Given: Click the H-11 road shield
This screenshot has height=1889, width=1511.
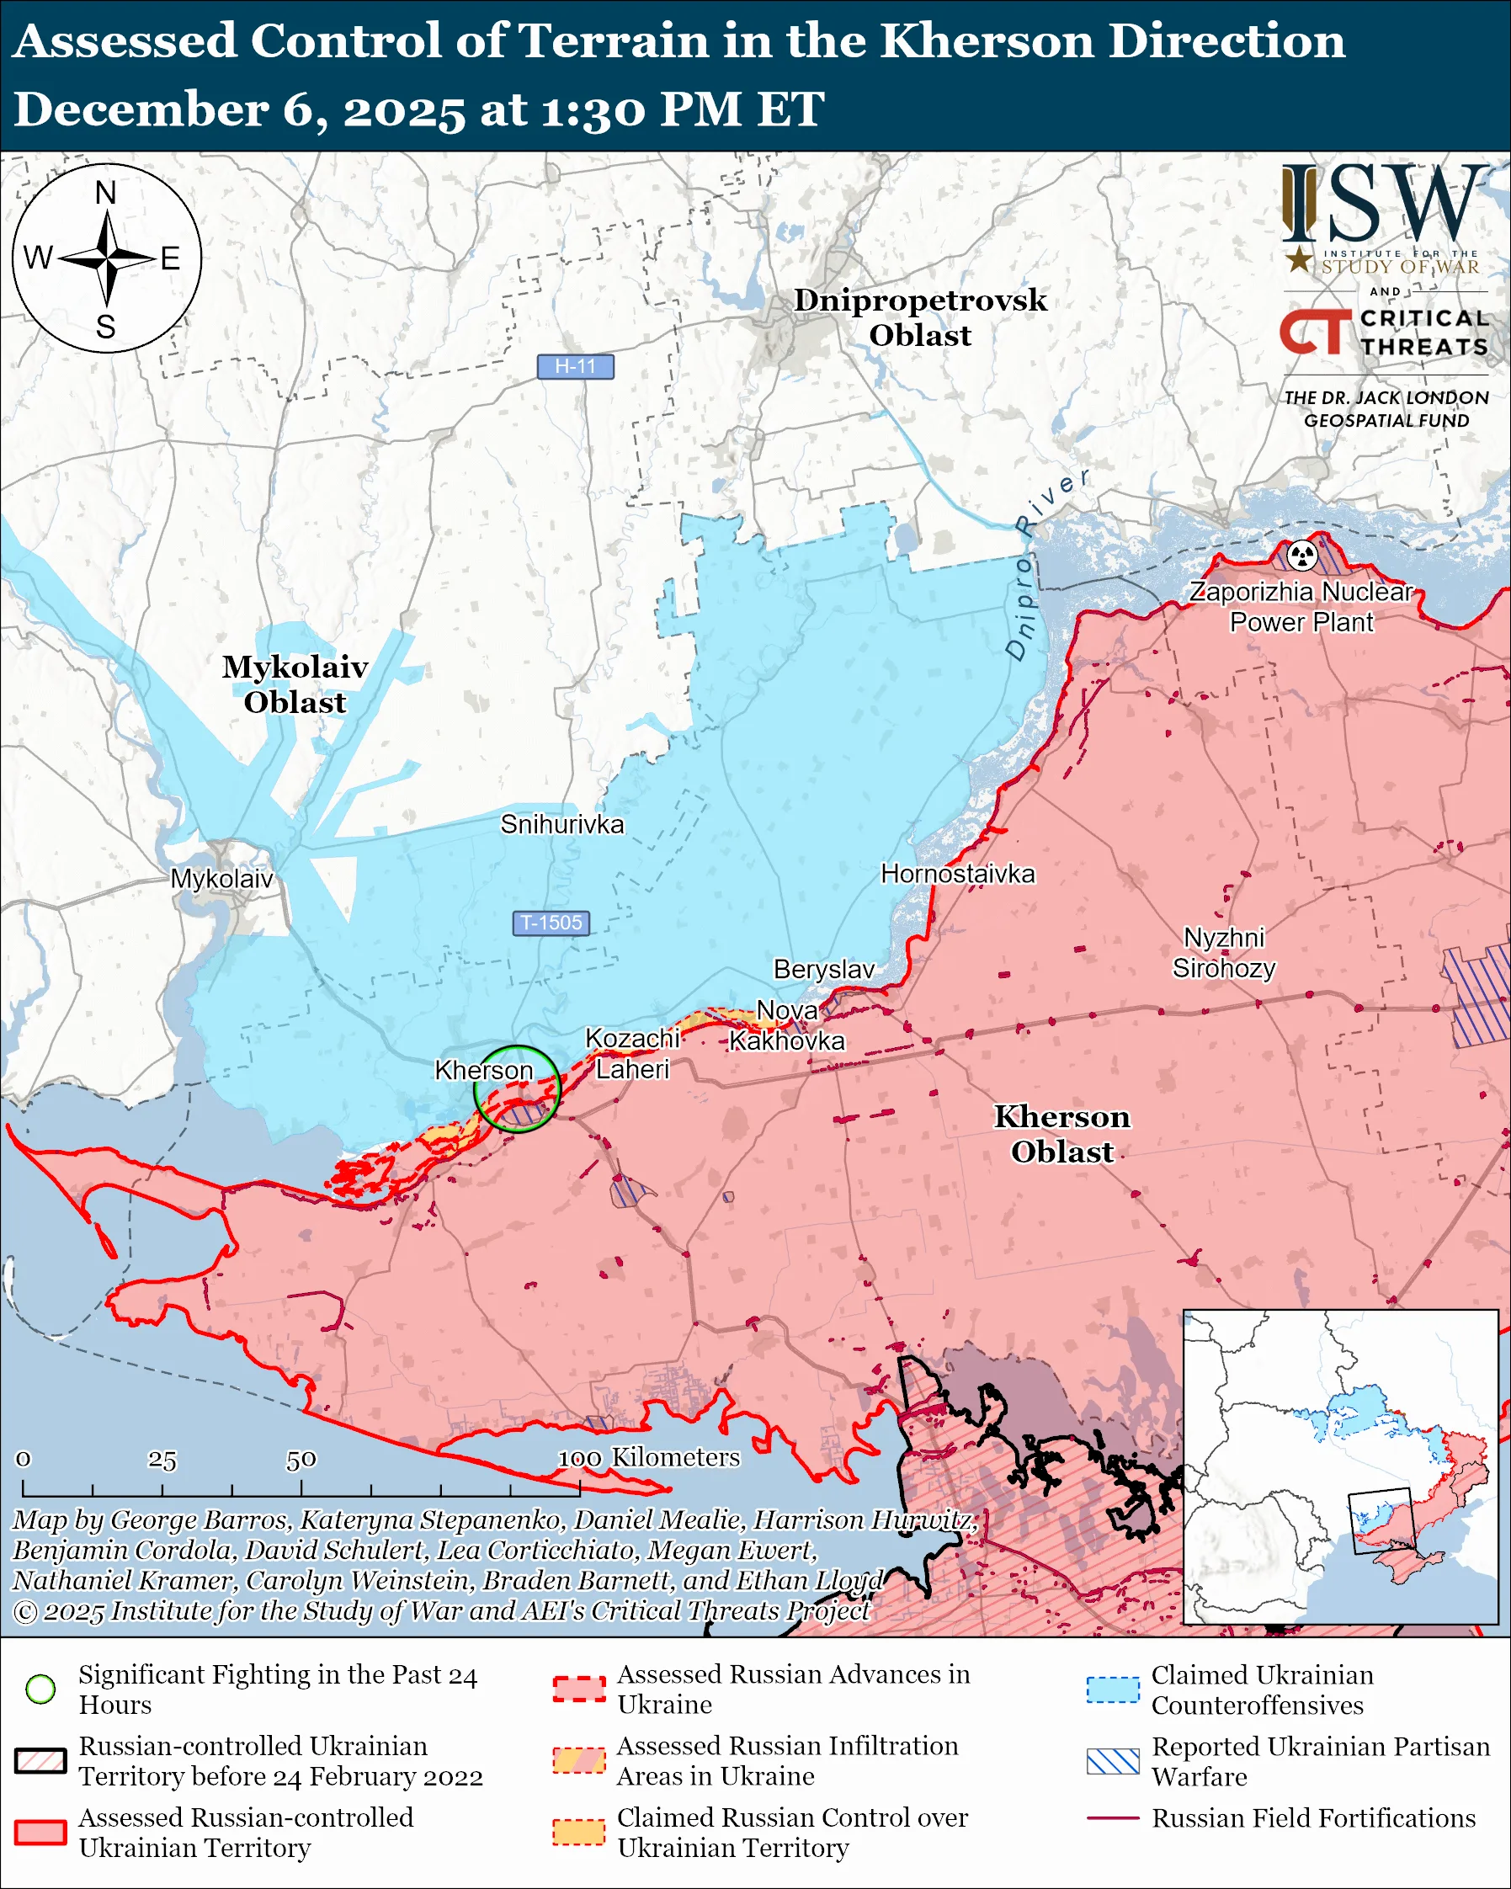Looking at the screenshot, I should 575,366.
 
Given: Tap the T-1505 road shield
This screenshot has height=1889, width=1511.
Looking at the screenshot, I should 551,923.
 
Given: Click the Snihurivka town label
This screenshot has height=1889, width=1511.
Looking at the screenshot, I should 562,824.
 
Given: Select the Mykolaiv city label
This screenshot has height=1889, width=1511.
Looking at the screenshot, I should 221,879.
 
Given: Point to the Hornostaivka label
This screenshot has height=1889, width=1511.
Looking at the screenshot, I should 957,874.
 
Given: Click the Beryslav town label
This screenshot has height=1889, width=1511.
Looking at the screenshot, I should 823,969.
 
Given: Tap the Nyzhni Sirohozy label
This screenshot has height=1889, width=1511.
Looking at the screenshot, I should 1224,953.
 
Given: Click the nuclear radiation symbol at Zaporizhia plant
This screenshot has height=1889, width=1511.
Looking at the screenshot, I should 1302,555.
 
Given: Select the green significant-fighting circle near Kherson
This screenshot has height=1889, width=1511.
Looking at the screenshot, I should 517,1089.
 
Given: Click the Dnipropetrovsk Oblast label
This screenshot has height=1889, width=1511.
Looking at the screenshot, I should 920,317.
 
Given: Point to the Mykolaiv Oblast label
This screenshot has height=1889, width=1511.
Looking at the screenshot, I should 295,684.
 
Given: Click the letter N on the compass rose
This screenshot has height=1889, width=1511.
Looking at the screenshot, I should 106,193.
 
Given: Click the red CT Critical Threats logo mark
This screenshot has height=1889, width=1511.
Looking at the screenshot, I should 1316,331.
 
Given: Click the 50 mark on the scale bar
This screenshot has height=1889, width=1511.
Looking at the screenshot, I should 301,1460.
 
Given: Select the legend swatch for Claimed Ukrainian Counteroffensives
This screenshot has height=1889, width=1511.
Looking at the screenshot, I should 1113,1689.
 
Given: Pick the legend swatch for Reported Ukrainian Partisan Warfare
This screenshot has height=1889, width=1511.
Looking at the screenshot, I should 1113,1761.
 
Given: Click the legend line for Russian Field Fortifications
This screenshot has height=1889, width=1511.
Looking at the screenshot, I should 1113,1818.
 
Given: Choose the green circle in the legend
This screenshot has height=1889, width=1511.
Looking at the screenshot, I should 40,1689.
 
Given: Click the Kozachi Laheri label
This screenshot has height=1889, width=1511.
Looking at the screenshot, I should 632,1054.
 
